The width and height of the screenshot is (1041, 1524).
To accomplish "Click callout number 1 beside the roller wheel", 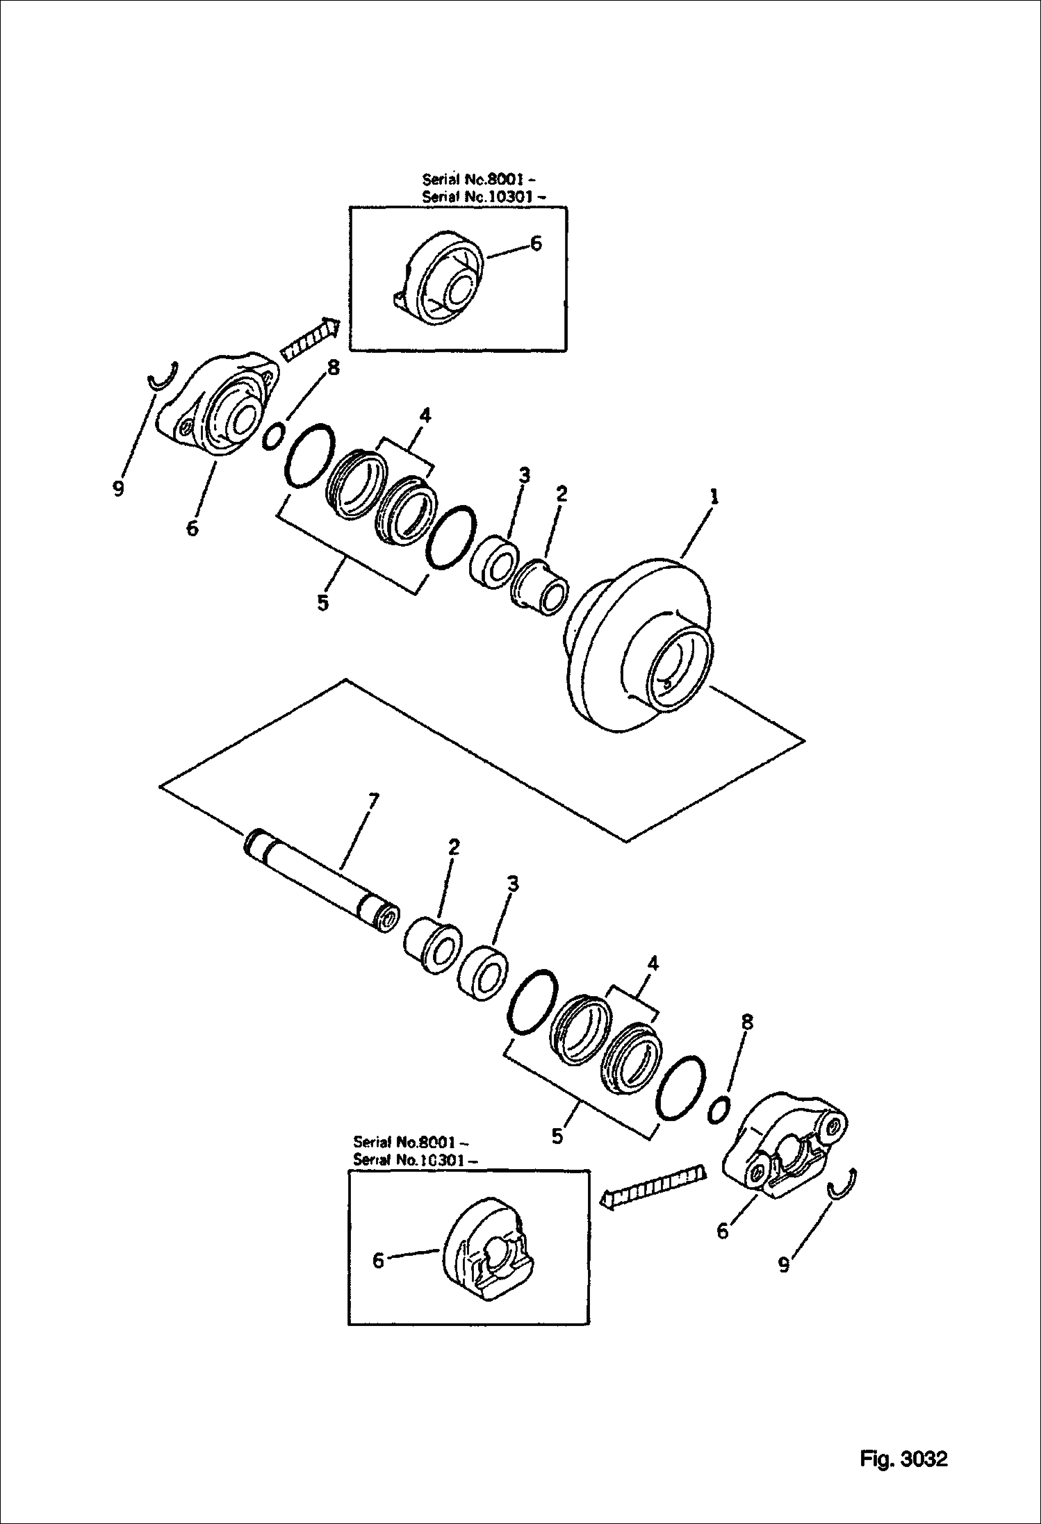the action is pyautogui.click(x=714, y=497).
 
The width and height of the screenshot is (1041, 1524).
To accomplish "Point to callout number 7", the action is pyautogui.click(x=373, y=801).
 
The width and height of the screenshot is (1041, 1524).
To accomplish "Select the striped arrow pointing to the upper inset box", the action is pyautogui.click(x=310, y=338).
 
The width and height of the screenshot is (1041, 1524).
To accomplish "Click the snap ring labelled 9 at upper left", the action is pyautogui.click(x=165, y=377).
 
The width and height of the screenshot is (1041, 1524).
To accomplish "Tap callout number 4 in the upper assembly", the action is pyautogui.click(x=425, y=415).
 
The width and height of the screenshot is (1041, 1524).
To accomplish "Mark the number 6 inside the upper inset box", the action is pyautogui.click(x=536, y=243).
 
